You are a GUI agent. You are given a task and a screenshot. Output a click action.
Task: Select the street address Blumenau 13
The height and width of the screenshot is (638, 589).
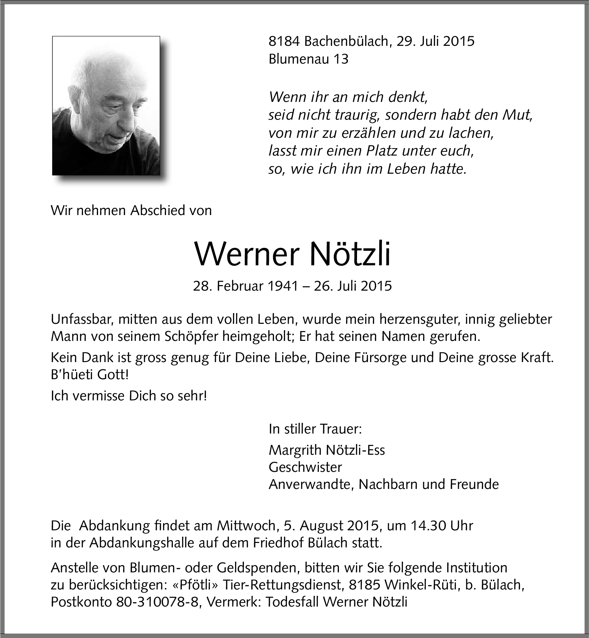(x=308, y=59)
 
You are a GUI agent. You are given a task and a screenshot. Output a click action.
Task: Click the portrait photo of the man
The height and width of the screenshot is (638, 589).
(x=106, y=106)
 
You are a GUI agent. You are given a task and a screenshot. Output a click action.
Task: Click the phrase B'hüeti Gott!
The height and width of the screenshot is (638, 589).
(x=90, y=375)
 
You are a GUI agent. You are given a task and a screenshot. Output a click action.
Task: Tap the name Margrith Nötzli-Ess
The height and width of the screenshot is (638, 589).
(x=327, y=450)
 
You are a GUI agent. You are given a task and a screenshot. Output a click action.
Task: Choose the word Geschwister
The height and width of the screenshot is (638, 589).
(x=305, y=467)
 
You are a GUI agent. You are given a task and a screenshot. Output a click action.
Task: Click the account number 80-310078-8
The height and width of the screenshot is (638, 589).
(x=157, y=602)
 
